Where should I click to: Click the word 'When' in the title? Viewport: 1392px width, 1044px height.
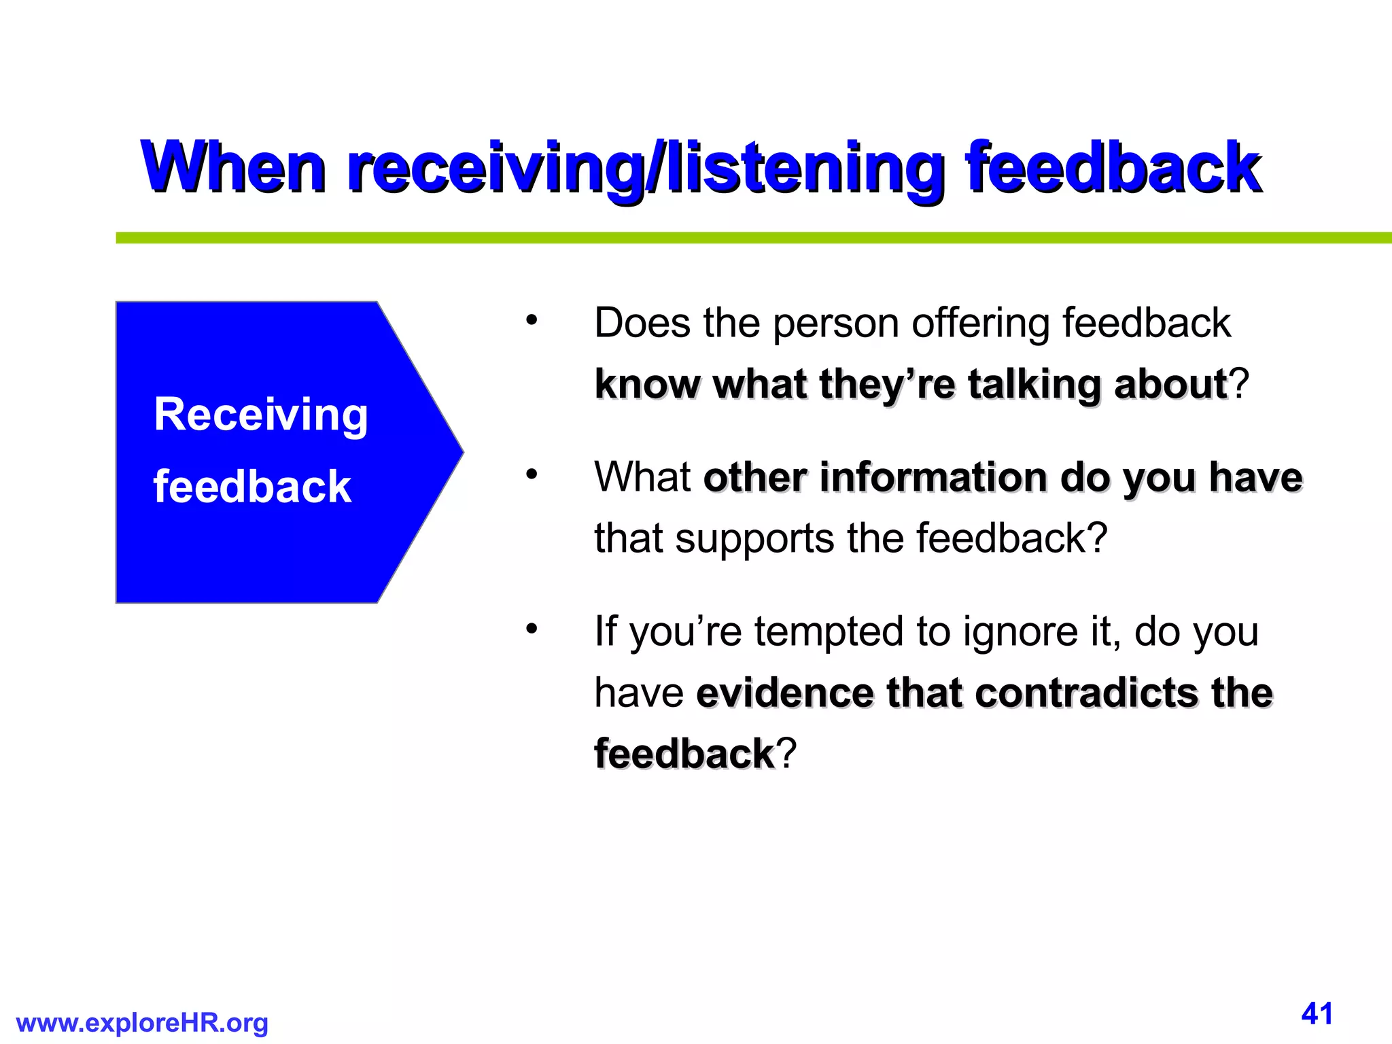pyautogui.click(x=233, y=167)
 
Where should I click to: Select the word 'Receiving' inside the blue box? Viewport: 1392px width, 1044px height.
pyautogui.click(x=261, y=415)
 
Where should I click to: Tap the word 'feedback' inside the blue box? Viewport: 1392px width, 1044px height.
pyautogui.click(x=252, y=487)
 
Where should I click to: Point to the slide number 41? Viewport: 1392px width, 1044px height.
pyautogui.click(x=1317, y=1013)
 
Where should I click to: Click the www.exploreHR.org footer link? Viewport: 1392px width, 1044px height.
pyautogui.click(x=142, y=1023)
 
